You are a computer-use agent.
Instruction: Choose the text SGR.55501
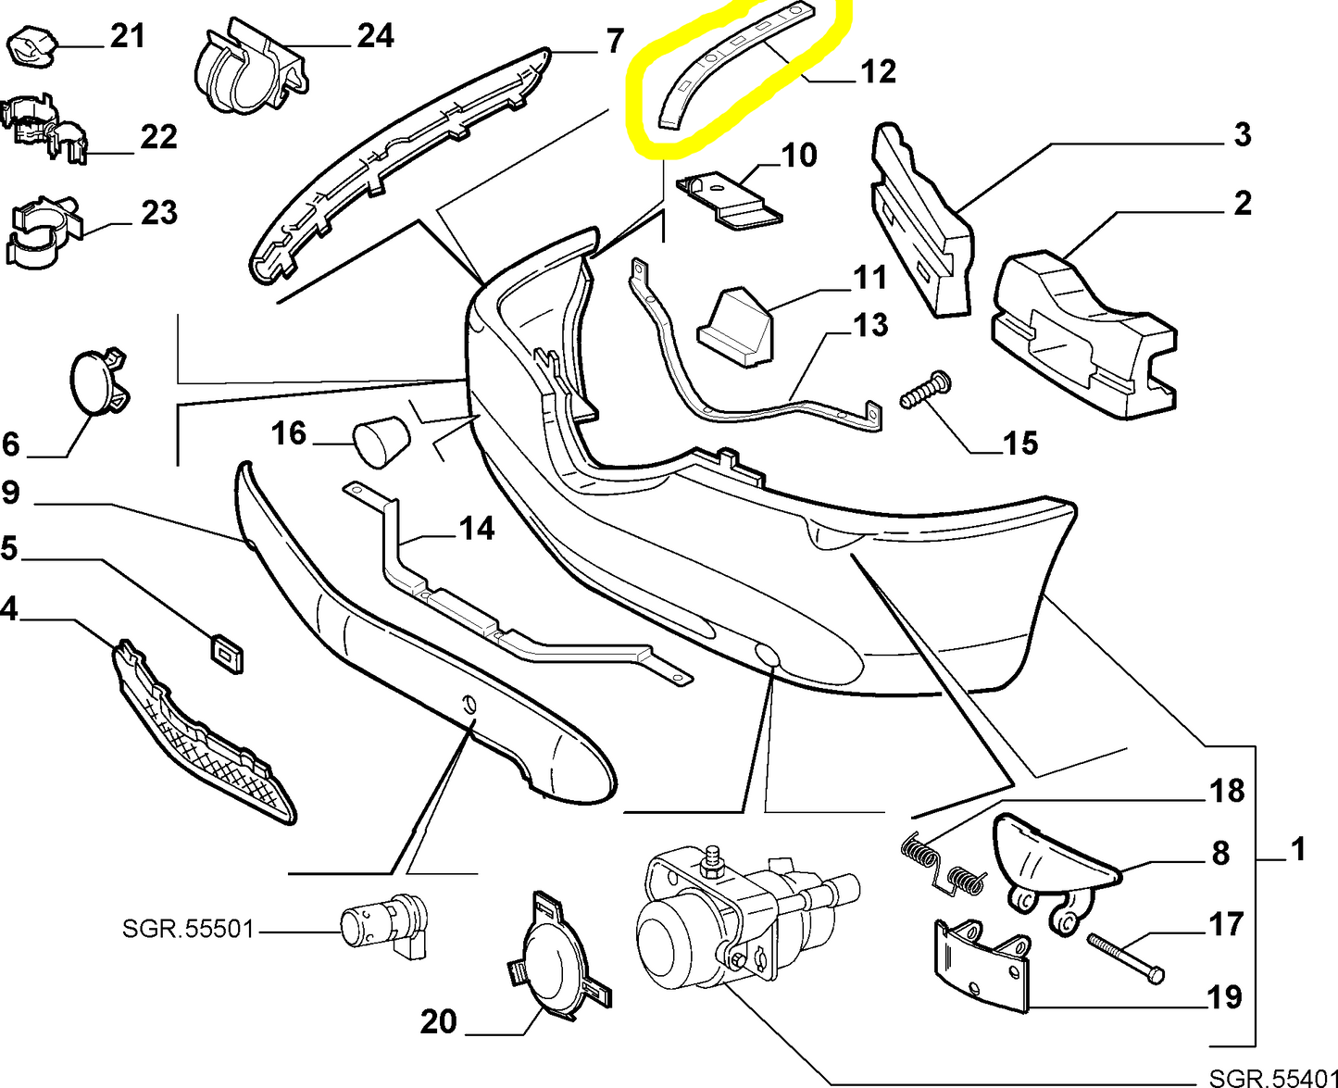187,928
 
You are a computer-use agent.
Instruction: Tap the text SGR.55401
1272,1077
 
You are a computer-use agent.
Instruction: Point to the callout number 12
877,71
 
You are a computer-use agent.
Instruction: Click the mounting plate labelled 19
982,966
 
